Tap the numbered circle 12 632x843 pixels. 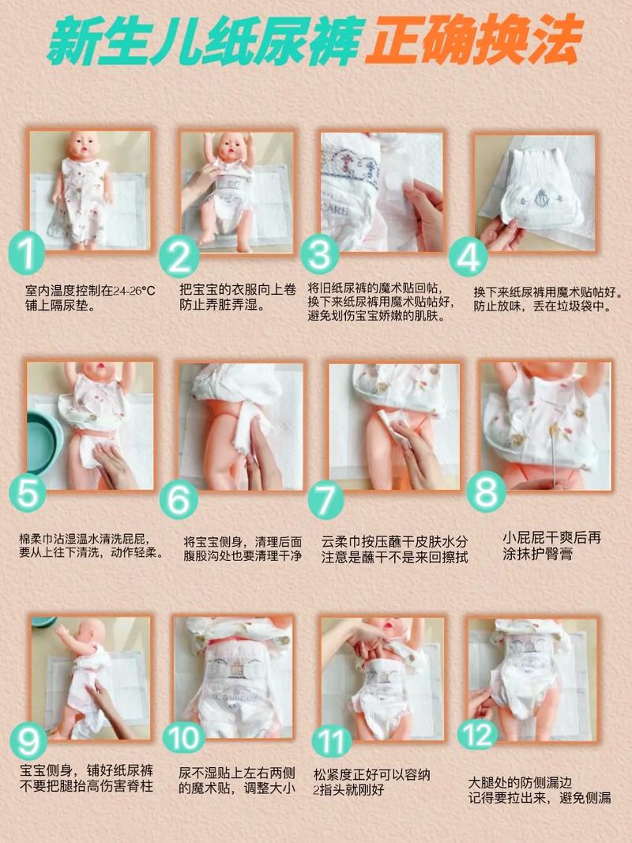(x=479, y=735)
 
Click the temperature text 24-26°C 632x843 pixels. (x=132, y=291)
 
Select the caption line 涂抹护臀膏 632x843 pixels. (x=537, y=555)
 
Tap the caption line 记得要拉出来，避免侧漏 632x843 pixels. (x=539, y=798)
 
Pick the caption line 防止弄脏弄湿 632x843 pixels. (x=222, y=305)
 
